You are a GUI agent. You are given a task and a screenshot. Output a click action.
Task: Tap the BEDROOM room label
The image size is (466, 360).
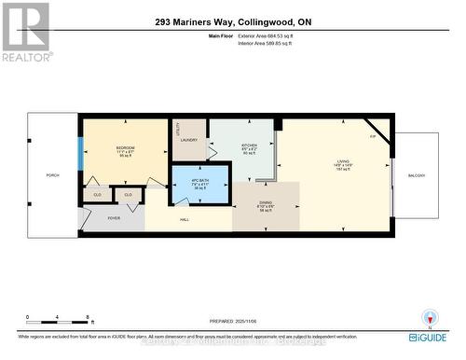[126, 150]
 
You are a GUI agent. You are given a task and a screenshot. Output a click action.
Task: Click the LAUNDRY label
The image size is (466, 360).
[189, 140]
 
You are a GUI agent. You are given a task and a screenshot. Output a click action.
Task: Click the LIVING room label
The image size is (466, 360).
[343, 163]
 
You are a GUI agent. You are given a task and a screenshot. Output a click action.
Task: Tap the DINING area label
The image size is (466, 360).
[266, 203]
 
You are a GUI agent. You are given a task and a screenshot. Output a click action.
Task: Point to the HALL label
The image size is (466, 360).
[185, 220]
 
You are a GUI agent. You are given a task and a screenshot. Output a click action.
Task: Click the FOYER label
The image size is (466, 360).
[114, 218]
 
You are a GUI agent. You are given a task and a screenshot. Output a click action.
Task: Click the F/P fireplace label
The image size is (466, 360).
[373, 137]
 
